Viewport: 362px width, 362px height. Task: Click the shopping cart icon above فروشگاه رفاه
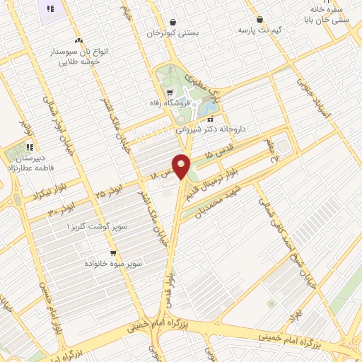170,92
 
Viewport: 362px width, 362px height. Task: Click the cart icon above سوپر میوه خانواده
113,252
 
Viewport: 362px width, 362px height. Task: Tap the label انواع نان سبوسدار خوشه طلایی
77,56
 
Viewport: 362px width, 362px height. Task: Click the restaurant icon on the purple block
49,8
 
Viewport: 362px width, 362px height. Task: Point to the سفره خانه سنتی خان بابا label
326,16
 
